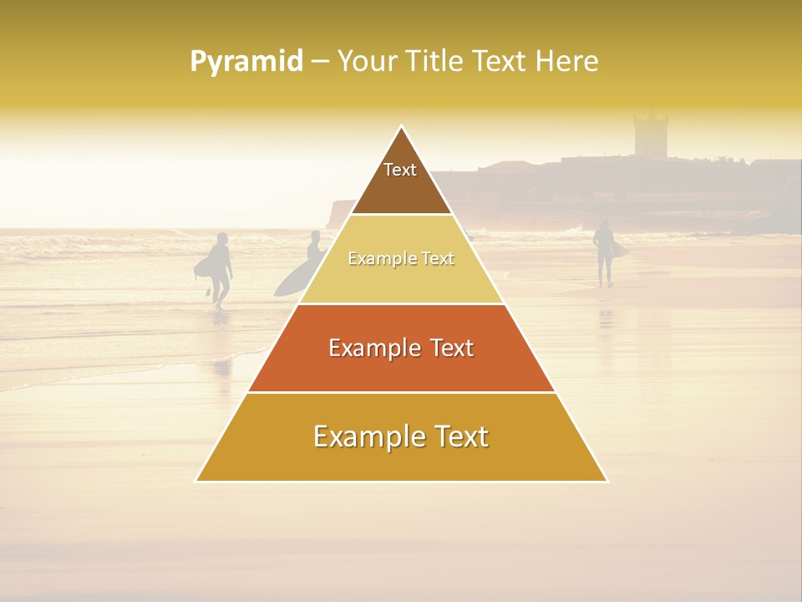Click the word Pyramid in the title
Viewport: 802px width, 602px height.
246,62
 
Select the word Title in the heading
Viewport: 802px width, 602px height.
434,62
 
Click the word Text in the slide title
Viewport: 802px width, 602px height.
500,62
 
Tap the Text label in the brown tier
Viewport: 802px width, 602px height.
400,170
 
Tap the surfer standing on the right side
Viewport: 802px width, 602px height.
604,251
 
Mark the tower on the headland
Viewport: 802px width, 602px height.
650,135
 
